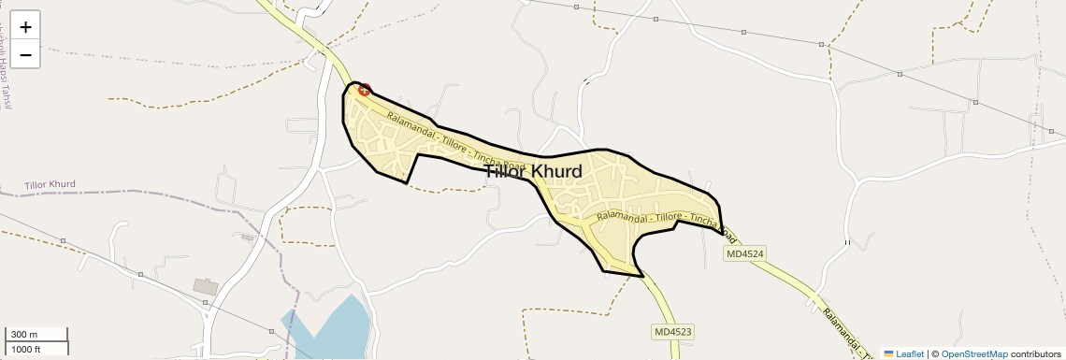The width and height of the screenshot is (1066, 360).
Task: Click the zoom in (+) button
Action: pos(25,27)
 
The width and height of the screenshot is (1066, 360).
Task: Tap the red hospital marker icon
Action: pos(365,91)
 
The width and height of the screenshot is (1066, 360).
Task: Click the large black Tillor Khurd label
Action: pos(533,171)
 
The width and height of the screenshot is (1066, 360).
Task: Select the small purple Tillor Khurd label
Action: pos(50,184)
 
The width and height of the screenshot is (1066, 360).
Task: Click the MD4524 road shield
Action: pos(744,253)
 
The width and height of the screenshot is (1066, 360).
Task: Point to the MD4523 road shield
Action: pos(672,332)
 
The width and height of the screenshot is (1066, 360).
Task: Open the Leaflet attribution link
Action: pos(910,353)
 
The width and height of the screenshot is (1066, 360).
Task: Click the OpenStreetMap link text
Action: pos(974,353)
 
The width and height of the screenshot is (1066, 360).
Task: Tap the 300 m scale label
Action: pos(24,335)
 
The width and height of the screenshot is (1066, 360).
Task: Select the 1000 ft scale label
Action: pos(26,349)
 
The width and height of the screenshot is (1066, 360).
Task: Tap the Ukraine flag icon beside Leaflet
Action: pos(889,353)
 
